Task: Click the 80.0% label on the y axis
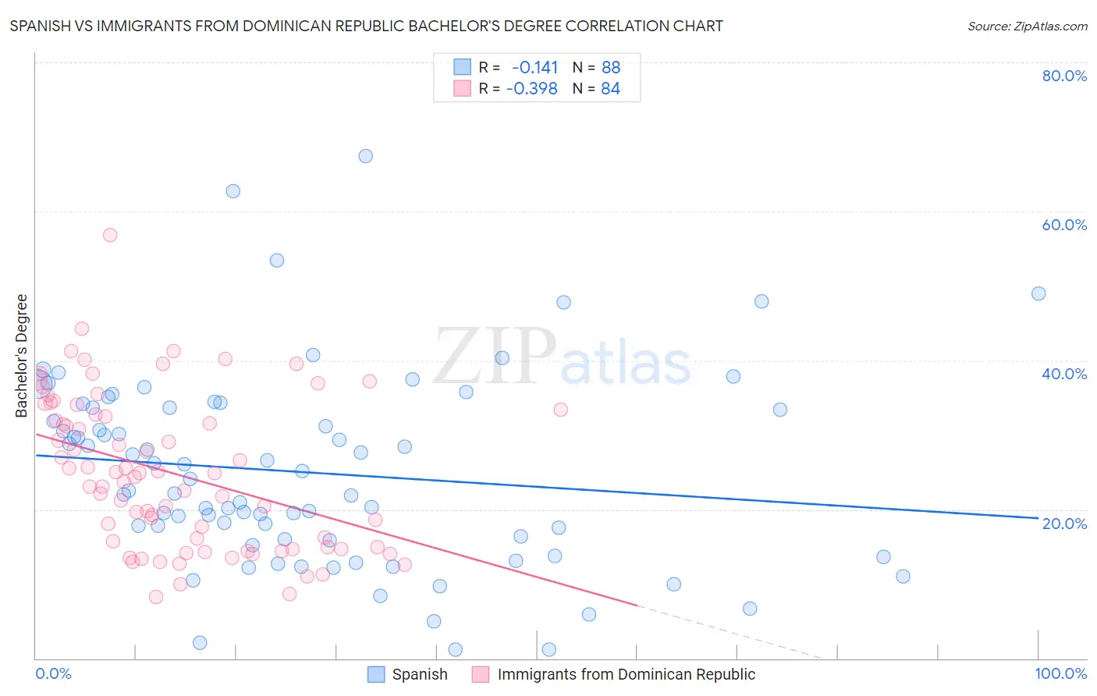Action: [1064, 76]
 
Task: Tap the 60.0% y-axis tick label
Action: [1064, 225]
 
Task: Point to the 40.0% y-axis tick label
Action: [1064, 374]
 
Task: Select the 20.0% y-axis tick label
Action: [1064, 523]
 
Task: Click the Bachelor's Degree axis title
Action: [22, 356]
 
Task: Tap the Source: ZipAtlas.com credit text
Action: [1027, 27]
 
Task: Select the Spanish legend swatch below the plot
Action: [376, 674]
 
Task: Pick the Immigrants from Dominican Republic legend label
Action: [626, 674]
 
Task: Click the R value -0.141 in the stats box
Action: [534, 67]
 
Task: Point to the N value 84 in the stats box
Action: [610, 89]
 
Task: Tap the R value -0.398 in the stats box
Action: [531, 89]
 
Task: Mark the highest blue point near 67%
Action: [365, 156]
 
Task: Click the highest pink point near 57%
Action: [110, 235]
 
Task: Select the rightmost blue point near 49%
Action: [1038, 294]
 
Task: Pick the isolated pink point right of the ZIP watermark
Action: [560, 410]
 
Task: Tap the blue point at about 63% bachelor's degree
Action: [233, 191]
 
